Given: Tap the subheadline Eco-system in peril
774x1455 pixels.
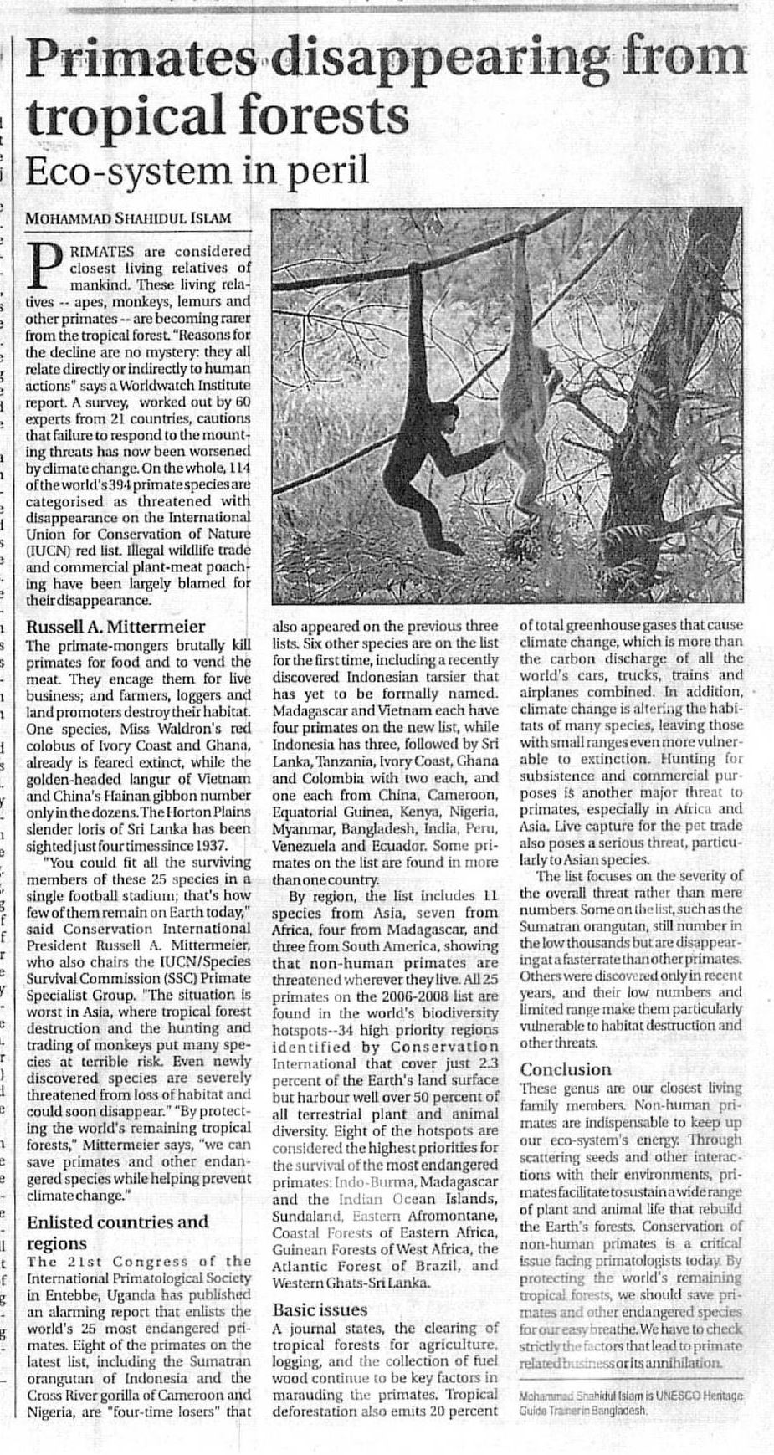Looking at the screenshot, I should click(x=197, y=170).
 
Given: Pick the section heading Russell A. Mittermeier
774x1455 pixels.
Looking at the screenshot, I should click(x=116, y=626).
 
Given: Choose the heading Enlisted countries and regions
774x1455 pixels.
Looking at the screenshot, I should click(x=117, y=1232).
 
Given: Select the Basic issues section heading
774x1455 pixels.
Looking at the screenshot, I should click(x=320, y=1309).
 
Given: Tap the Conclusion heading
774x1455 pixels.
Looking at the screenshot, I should click(x=566, y=1068).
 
